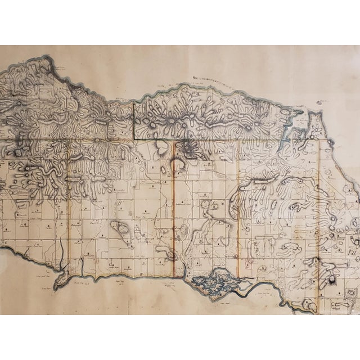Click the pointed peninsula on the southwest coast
[58, 282]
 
